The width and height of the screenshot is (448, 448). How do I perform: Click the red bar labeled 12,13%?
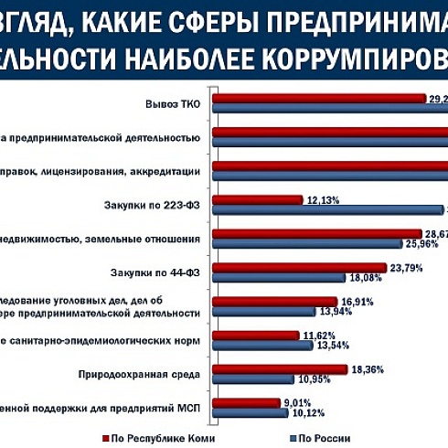(x=257, y=199)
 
